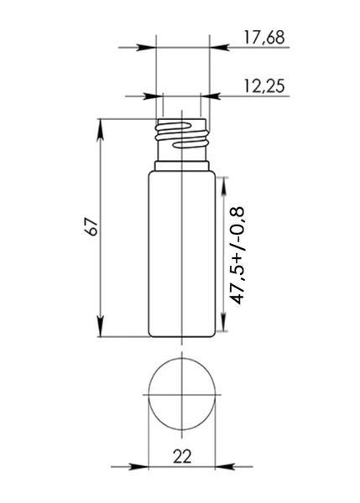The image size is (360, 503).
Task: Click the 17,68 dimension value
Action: coord(264,38)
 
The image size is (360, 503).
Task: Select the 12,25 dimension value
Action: coord(264,86)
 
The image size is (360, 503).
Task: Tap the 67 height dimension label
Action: coord(92,227)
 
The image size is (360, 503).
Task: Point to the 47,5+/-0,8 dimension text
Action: coord(237,256)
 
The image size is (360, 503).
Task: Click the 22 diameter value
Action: coord(182,456)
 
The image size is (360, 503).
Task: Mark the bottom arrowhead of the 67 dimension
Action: coord(100,327)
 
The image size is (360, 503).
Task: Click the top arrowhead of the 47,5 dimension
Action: coord(222,186)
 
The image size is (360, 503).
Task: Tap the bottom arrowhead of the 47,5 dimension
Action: coord(222,321)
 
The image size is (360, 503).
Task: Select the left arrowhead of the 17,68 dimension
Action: coord(146,48)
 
